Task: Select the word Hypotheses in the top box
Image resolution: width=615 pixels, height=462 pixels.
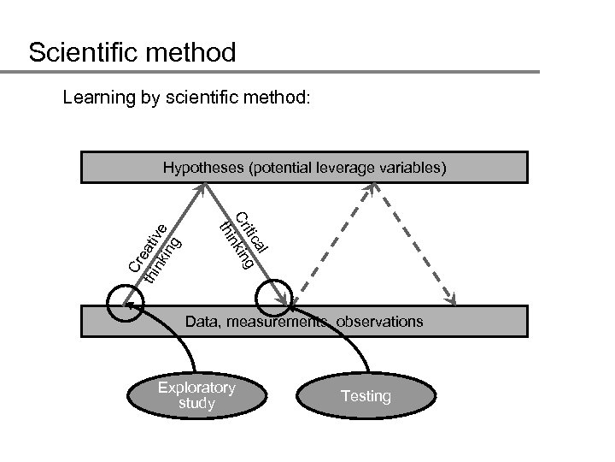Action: (202, 168)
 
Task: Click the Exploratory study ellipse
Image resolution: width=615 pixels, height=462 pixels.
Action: (196, 395)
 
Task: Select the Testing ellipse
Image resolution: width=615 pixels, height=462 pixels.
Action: (366, 396)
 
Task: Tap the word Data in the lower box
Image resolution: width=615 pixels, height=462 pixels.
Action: (202, 322)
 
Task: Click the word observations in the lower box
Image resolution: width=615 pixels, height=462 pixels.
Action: (380, 322)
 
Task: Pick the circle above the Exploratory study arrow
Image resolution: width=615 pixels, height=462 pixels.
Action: (125, 301)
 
